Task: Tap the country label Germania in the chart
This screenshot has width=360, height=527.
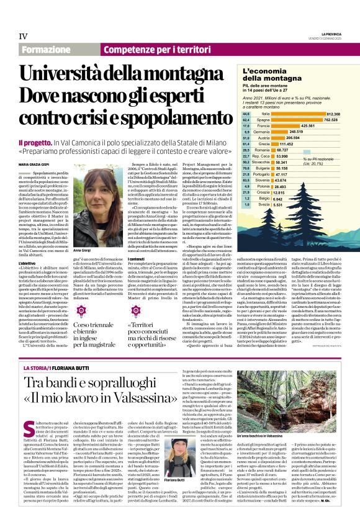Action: [261, 132]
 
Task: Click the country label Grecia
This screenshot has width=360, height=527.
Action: [261, 143]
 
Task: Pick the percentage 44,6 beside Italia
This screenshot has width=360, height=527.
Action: [246, 114]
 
